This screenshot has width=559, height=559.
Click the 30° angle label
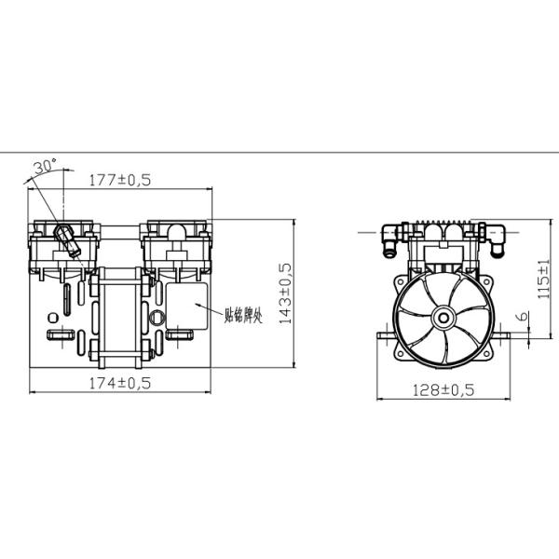coord(44,166)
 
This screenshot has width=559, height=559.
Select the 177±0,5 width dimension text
coord(120,179)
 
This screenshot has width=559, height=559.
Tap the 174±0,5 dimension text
coord(119,383)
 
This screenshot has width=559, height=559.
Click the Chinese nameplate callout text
coord(244,315)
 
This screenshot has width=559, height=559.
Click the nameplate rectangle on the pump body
coord(190,315)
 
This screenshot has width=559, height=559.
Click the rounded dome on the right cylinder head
coord(174,229)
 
